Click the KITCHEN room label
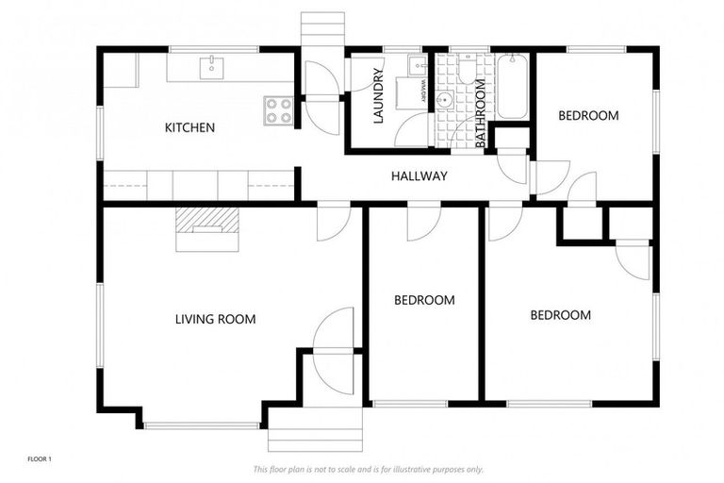pyautogui.click(x=189, y=127)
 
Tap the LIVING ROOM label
pyautogui.click(x=215, y=319)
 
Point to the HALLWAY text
pyautogui.click(x=419, y=176)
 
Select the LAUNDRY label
pyautogui.click(x=379, y=97)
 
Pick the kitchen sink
pyautogui.click(x=213, y=66)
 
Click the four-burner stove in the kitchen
pyautogui.click(x=279, y=111)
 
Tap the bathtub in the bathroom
pyautogui.click(x=512, y=87)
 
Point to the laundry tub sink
pyautogui.click(x=416, y=65)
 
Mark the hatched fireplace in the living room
pyautogui.click(x=206, y=221)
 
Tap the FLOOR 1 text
pyautogui.click(x=39, y=459)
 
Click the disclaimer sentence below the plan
pyautogui.click(x=369, y=469)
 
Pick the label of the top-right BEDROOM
pyautogui.click(x=588, y=116)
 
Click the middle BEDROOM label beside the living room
pyautogui.click(x=423, y=300)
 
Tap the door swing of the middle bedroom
pyautogui.click(x=419, y=224)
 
